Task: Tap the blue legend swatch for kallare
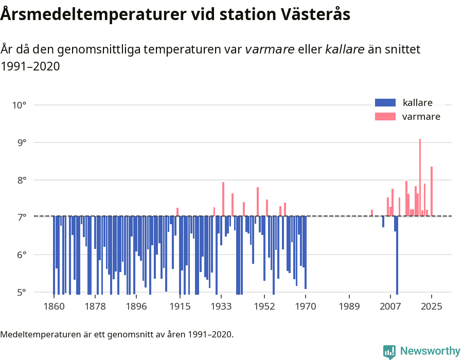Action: [x=385, y=102]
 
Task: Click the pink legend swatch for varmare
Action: [x=385, y=117]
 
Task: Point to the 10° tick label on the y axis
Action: [x=20, y=105]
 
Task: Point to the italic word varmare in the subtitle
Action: [x=270, y=49]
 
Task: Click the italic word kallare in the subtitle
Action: [x=345, y=49]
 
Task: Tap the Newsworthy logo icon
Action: [x=389, y=351]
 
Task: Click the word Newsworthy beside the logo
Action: [x=430, y=351]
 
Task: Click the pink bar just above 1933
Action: [x=223, y=199]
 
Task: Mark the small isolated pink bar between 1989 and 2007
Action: [x=372, y=213]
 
